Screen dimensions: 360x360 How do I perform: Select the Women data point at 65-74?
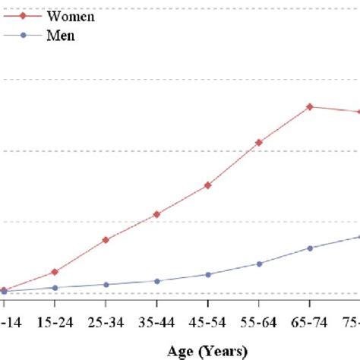tap(310, 107)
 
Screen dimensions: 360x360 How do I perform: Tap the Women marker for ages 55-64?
tap(259, 143)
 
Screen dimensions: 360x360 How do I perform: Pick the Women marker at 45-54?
tap(208, 185)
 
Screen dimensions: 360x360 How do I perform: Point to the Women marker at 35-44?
tap(156, 214)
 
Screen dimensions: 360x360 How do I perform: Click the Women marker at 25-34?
tap(106, 240)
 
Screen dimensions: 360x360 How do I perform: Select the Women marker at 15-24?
tap(55, 272)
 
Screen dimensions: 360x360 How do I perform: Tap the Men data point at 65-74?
tap(310, 248)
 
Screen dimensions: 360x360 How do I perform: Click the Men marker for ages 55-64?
tap(259, 264)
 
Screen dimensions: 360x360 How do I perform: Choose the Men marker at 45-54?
tap(208, 274)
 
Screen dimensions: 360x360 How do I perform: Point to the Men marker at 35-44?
tap(156, 281)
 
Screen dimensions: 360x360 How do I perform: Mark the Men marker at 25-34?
tap(106, 285)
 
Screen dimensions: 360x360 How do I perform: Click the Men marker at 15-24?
tap(55, 288)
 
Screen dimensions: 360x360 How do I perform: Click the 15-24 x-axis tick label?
tap(55, 322)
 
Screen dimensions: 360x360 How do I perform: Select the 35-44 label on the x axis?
tap(156, 322)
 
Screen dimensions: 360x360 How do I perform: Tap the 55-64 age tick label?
tap(259, 322)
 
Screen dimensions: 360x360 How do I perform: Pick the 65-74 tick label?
tap(310, 322)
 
